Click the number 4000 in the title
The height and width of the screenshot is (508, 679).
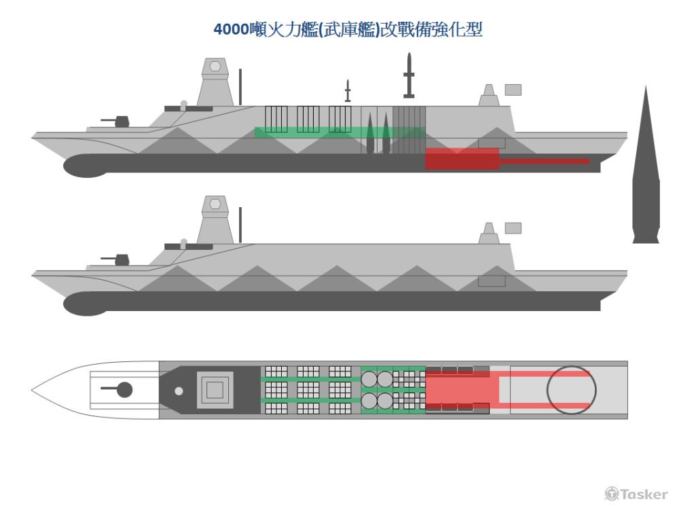point(232,30)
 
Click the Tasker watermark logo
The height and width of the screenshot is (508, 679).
point(636,494)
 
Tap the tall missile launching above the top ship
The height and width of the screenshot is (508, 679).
point(409,75)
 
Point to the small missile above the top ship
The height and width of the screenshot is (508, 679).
point(348,90)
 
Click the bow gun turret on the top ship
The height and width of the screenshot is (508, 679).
point(121,122)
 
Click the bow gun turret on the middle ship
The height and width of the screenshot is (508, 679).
point(121,259)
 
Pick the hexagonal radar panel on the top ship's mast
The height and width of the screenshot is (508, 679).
point(215,66)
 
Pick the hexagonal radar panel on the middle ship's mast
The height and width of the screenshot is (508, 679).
point(215,203)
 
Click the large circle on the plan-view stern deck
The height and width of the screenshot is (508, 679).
point(571,390)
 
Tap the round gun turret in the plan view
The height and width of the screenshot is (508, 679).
point(124,390)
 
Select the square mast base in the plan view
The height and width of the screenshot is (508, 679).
point(215,390)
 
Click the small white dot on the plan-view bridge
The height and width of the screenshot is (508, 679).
point(179,391)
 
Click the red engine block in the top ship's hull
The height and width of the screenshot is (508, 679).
point(462,159)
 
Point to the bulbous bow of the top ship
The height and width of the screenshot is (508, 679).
point(85,166)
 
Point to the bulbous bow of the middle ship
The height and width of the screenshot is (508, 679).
point(85,304)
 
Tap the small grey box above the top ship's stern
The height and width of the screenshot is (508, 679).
point(513,90)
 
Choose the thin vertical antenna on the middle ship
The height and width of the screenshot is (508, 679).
point(240,226)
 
